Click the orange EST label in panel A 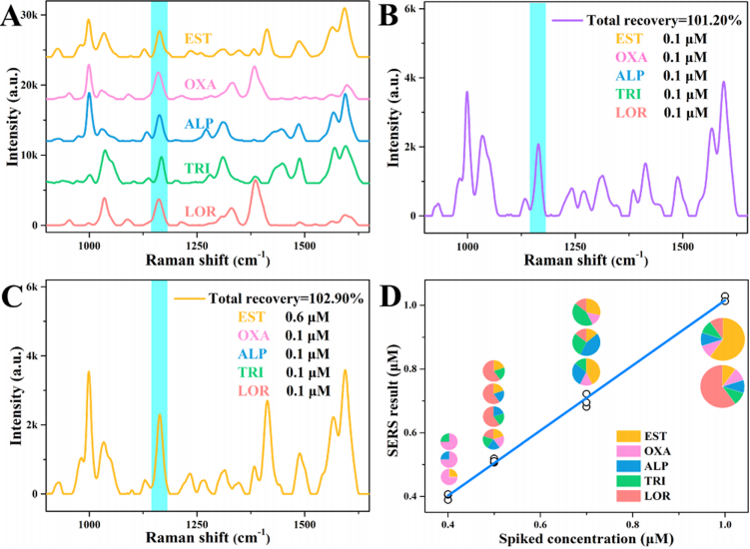[198, 39]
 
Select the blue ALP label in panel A [198, 124]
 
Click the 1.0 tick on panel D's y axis [411, 305]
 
